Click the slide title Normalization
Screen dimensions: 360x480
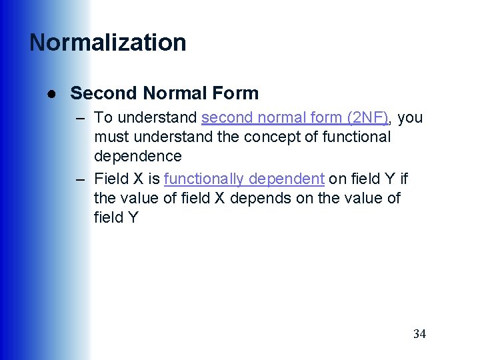point(108,43)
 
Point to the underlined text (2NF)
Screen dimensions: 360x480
point(367,118)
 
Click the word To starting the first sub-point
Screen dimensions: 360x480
point(103,118)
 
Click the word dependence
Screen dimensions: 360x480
point(137,157)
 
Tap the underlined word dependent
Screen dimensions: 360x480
point(290,179)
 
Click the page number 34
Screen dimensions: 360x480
point(419,334)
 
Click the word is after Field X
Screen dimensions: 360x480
point(153,179)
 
